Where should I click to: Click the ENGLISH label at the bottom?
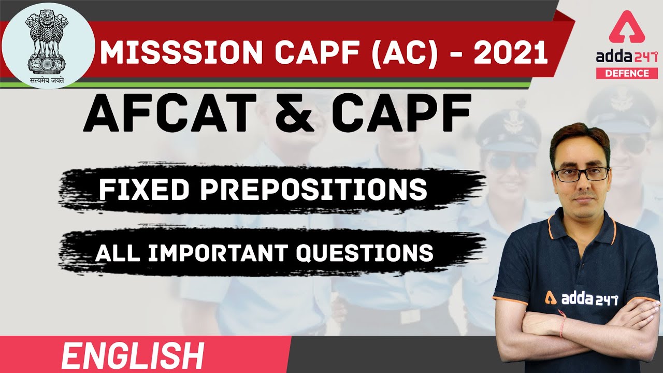click(x=132, y=356)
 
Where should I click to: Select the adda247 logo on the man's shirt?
click(x=580, y=297)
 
